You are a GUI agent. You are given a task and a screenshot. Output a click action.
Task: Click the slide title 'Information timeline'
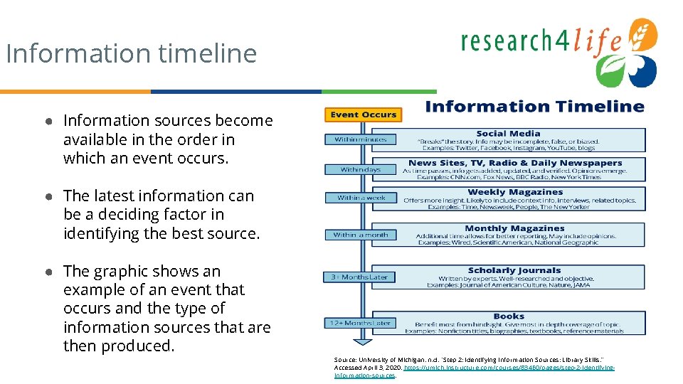(131, 53)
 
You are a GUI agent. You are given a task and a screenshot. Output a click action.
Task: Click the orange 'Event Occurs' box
(363, 114)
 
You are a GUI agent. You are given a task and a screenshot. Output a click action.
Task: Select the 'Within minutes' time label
(361, 139)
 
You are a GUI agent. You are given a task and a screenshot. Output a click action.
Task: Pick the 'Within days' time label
(361, 170)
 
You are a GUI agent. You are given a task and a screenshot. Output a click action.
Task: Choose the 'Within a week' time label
(361, 198)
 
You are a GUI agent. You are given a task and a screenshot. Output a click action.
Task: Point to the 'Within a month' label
(361, 235)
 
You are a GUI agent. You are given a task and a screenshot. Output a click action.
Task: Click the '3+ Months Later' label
(359, 277)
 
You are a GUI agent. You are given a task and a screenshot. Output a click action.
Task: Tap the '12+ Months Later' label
(359, 323)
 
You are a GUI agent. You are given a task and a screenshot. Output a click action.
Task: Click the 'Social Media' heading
(508, 134)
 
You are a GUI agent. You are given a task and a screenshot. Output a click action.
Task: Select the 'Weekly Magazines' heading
(515, 192)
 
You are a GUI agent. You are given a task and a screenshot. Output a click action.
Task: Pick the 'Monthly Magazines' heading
(514, 228)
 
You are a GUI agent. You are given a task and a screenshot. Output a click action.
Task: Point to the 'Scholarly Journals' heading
(514, 270)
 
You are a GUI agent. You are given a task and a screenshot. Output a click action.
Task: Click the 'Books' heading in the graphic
(509, 316)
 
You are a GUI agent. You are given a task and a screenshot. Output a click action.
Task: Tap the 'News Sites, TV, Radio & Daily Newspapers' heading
(515, 163)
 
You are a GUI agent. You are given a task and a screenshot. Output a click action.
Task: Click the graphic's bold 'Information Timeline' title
(534, 107)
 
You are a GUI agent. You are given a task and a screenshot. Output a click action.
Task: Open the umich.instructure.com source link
(508, 368)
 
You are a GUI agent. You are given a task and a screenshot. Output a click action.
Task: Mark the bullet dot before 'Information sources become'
(53, 121)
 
